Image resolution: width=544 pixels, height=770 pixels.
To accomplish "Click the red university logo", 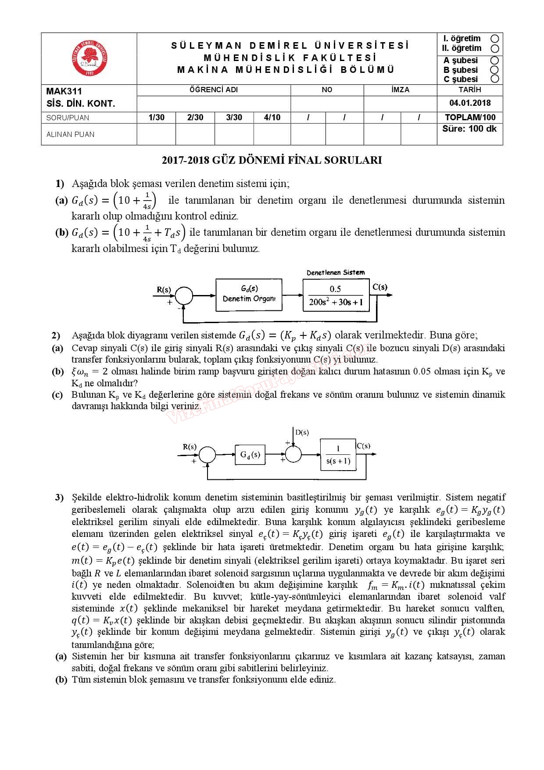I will [89, 58].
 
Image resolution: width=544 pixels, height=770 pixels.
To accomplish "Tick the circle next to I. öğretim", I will [495, 39].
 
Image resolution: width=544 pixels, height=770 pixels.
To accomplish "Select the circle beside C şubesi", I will [495, 79].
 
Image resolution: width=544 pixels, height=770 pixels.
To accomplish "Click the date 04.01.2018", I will [470, 103].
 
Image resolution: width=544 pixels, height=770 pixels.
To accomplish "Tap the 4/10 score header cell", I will [272, 117].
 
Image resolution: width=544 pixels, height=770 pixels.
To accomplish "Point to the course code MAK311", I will [64, 91].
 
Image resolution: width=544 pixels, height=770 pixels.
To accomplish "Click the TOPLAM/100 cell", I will [470, 117].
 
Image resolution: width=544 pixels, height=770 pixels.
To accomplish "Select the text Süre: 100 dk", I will [469, 129].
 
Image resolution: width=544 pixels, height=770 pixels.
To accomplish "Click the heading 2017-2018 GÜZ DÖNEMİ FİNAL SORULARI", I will [272, 160].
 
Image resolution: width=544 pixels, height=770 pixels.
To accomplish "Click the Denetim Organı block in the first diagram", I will [249, 295].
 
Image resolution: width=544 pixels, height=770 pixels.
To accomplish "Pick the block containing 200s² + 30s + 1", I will [336, 295].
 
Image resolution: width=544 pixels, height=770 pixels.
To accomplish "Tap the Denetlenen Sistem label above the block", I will [336, 273].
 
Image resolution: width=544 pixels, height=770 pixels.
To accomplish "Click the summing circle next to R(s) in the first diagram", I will [184, 295].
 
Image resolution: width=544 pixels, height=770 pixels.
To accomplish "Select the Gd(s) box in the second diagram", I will [250, 455].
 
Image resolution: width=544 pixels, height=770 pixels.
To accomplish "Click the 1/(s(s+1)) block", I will [338, 455].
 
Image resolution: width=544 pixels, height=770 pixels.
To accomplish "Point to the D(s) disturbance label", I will [302, 432].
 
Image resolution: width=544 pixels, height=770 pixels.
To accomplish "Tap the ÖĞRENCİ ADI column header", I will [214, 90].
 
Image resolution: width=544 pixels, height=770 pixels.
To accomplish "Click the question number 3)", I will [60, 497].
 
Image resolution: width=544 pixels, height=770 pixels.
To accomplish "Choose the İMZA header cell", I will [400, 90].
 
